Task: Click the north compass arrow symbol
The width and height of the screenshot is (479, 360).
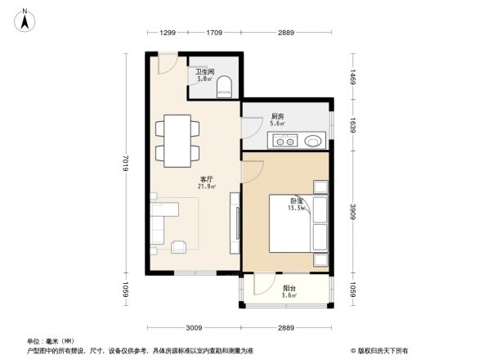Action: [x=26, y=18]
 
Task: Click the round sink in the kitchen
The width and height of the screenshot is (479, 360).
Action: [x=313, y=141]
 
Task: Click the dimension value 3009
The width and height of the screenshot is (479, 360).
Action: [x=194, y=327]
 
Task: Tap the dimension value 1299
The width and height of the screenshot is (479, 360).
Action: [x=168, y=33]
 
